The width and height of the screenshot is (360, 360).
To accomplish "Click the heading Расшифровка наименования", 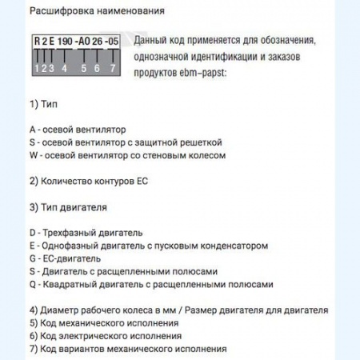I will pyautogui.click(x=86, y=11).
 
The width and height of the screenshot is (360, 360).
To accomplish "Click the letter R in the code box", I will pyautogui.click(x=38, y=41).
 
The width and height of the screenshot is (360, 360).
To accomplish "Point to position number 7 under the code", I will pyautogui.click(x=112, y=69).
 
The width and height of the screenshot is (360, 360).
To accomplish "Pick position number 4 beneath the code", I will pyautogui.click(x=64, y=69).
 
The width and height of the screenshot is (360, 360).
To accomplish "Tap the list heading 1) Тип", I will pyautogui.click(x=42, y=104).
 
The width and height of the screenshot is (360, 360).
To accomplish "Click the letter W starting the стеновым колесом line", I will pyautogui.click(x=34, y=155).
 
